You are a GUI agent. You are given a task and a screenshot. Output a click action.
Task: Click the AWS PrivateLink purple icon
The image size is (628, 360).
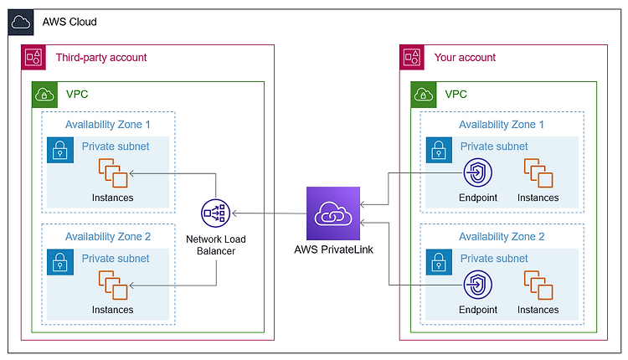333,213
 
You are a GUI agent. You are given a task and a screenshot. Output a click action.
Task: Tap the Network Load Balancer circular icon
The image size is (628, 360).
215,213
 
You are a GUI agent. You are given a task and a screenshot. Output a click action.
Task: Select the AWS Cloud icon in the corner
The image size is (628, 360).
21,23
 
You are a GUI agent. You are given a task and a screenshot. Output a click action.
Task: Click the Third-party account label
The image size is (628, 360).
101,58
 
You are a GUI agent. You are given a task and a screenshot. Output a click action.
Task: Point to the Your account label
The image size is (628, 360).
465,58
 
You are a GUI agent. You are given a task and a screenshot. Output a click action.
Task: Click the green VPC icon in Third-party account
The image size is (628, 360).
44,95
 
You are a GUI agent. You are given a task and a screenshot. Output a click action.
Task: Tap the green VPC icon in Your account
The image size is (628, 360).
424,95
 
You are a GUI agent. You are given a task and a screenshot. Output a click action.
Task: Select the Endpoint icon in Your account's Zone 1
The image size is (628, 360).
478,173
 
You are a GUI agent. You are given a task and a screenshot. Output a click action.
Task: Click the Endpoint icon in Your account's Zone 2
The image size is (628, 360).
478,285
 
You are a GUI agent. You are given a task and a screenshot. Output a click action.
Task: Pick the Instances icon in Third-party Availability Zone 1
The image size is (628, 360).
113,173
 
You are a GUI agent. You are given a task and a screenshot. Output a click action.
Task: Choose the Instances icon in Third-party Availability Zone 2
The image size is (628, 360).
113,285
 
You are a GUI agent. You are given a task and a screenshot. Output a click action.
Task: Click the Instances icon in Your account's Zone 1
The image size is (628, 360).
538,173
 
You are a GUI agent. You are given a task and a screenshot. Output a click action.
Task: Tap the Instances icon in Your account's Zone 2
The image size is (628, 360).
538,285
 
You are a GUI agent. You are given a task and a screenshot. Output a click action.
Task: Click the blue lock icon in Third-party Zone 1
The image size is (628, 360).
60,150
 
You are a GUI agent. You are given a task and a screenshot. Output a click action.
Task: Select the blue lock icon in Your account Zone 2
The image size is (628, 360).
439,262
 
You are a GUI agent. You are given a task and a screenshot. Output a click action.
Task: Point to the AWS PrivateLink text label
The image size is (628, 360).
333,249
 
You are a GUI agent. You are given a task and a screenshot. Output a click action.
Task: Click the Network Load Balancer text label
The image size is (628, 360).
216,245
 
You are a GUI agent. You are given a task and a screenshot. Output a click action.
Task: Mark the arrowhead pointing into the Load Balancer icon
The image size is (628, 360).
234,213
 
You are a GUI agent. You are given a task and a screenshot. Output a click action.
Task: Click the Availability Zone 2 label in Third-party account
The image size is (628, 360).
108,237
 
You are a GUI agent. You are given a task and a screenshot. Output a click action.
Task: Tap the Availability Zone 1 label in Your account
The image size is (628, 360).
502,125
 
